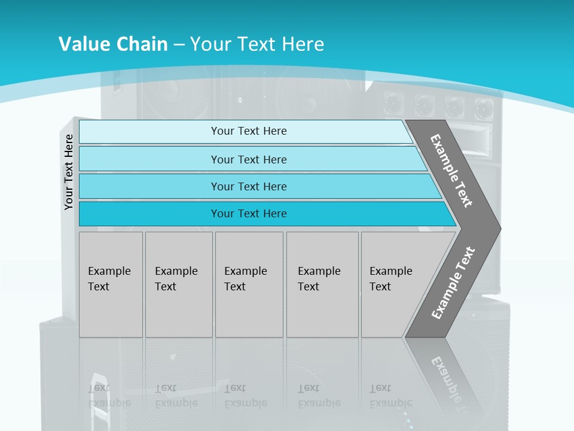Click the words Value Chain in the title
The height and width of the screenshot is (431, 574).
pyautogui.click(x=113, y=44)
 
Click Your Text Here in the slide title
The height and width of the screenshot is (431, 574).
pyautogui.click(x=257, y=44)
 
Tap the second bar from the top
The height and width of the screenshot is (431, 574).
pyautogui.click(x=248, y=159)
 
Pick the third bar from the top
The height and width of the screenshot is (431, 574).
pyautogui.click(x=248, y=186)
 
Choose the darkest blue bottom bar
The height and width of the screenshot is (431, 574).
pyautogui.click(x=248, y=214)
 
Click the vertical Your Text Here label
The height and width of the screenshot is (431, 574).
pyautogui.click(x=69, y=172)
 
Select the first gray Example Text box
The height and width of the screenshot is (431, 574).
pyautogui.click(x=111, y=284)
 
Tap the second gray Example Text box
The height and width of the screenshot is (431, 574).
pyautogui.click(x=178, y=284)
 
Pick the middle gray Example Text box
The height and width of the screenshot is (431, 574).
pyautogui.click(x=249, y=284)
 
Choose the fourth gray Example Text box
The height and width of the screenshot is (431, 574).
pyautogui.click(x=322, y=284)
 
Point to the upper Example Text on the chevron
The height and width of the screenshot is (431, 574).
pyautogui.click(x=452, y=171)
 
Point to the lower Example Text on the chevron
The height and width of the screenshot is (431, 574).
pyautogui.click(x=453, y=283)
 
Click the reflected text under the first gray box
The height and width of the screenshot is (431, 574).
pyautogui.click(x=109, y=396)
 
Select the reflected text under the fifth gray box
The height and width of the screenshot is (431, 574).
pyautogui.click(x=390, y=396)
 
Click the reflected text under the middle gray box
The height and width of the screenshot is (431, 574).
pyautogui.click(x=245, y=396)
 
